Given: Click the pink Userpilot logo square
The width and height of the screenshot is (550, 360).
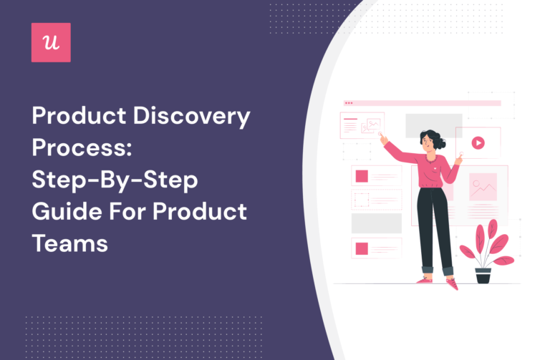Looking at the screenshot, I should point(51,42).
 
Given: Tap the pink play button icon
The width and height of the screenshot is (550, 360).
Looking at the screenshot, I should point(478,142).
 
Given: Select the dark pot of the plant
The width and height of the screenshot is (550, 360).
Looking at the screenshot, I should point(483,275).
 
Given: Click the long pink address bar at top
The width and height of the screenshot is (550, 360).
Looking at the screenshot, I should point(423,103).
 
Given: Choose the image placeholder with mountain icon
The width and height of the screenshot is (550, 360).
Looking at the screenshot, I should point(483,186).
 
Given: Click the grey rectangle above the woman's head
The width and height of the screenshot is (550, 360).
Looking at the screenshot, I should point(424,125).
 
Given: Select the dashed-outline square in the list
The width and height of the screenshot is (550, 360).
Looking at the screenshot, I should point(362,200).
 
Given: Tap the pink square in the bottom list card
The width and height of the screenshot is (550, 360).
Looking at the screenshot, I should point(362,248).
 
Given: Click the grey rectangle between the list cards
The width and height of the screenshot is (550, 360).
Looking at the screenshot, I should point(376,223).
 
